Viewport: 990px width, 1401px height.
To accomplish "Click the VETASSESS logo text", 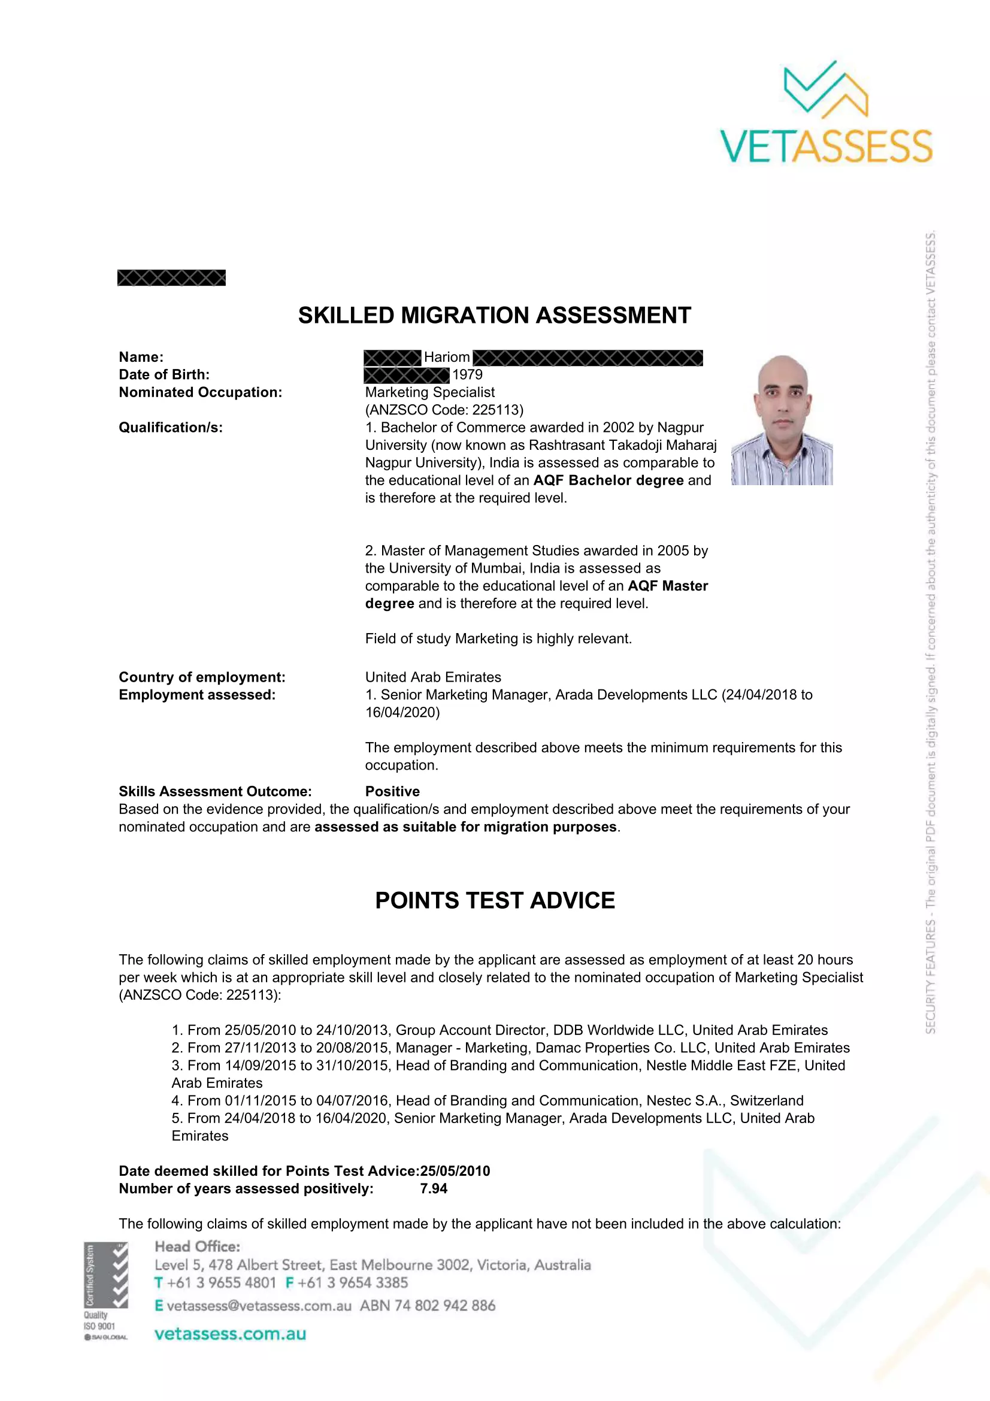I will click(x=826, y=146).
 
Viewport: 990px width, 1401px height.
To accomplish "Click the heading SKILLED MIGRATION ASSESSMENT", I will click(x=494, y=316).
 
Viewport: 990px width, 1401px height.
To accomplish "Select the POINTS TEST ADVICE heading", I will click(x=495, y=901).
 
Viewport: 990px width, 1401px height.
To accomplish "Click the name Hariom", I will click(x=447, y=358).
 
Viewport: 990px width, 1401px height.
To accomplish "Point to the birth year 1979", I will click(x=467, y=374).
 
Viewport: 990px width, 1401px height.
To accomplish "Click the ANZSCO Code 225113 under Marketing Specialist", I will click(x=444, y=410).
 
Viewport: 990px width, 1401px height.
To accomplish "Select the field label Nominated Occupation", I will click(x=200, y=392).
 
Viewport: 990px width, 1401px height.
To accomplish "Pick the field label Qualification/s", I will click(x=171, y=428).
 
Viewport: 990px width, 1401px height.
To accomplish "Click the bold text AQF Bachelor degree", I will click(x=608, y=481).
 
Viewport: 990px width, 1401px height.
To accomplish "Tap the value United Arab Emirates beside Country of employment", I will click(x=433, y=677).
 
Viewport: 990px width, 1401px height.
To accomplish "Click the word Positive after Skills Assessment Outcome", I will click(x=392, y=791).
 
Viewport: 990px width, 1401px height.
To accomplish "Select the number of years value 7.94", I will click(x=434, y=1188).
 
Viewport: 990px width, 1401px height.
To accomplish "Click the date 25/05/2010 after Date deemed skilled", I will click(x=455, y=1171).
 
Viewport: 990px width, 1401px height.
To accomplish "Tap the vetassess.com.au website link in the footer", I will click(x=230, y=1334).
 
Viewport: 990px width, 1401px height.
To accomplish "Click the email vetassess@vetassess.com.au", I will click(x=259, y=1306).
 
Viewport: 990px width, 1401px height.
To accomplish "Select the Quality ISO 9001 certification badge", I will click(x=105, y=1291).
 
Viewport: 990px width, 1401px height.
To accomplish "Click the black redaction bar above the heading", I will click(x=171, y=279).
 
